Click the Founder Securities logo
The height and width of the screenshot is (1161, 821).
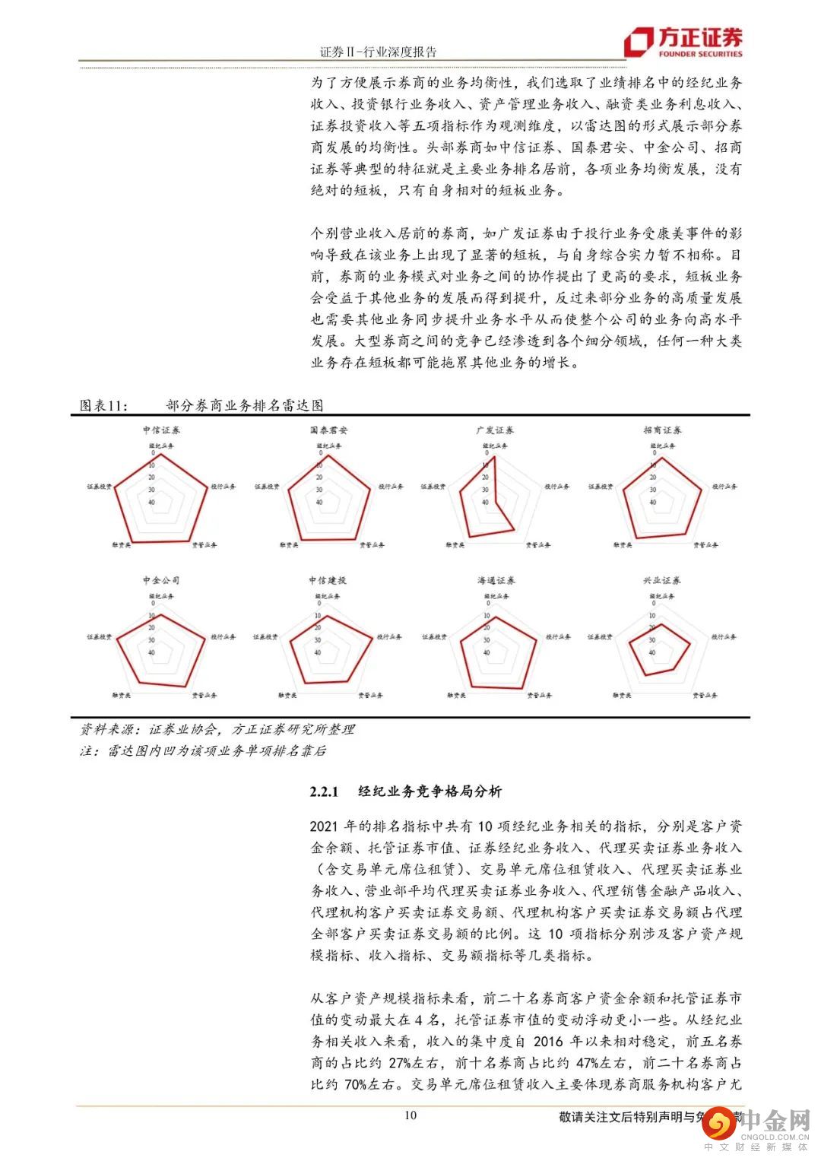point(683,43)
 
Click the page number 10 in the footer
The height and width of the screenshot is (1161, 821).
point(410,1115)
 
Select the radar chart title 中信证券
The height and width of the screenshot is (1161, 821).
point(161,430)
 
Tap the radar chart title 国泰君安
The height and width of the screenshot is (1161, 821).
point(329,430)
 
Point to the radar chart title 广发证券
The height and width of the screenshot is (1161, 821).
point(495,430)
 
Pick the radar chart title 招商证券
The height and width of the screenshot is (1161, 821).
point(662,430)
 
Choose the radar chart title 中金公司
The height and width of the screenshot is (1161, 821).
point(161,580)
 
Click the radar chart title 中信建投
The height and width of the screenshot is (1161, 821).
point(328,580)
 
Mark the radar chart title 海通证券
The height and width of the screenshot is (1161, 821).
point(496,580)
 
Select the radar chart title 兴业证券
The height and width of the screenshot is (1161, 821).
point(662,580)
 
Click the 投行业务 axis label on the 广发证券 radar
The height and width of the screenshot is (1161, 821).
point(556,487)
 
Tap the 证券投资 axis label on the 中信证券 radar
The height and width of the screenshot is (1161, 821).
point(100,487)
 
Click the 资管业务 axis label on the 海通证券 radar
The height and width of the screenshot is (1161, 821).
point(539,695)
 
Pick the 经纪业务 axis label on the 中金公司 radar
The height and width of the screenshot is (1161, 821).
point(161,596)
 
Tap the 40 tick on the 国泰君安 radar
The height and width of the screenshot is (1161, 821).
point(319,502)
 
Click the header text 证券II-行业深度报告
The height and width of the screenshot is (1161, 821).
point(378,52)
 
